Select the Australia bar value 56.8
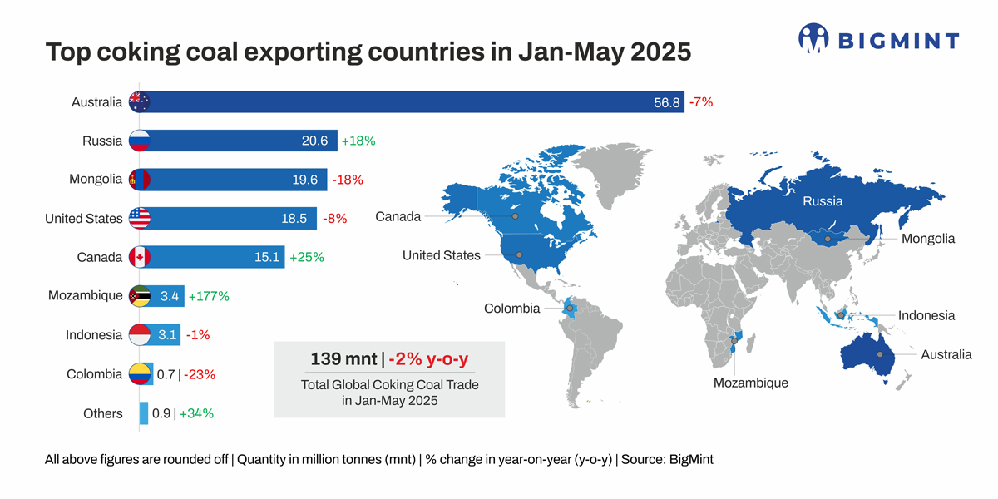click(x=667, y=102)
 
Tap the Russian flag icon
click(x=139, y=141)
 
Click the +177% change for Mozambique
click(x=209, y=296)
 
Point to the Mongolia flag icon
click(x=139, y=180)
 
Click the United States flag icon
click(x=139, y=219)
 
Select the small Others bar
click(x=144, y=413)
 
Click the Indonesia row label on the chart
click(x=94, y=335)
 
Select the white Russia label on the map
click(x=822, y=201)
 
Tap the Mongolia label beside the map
click(x=928, y=239)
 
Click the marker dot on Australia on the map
click(x=879, y=355)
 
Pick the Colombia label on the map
click(x=511, y=309)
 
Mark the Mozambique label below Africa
click(x=750, y=383)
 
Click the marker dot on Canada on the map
click(x=515, y=216)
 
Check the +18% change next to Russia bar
click(x=357, y=141)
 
